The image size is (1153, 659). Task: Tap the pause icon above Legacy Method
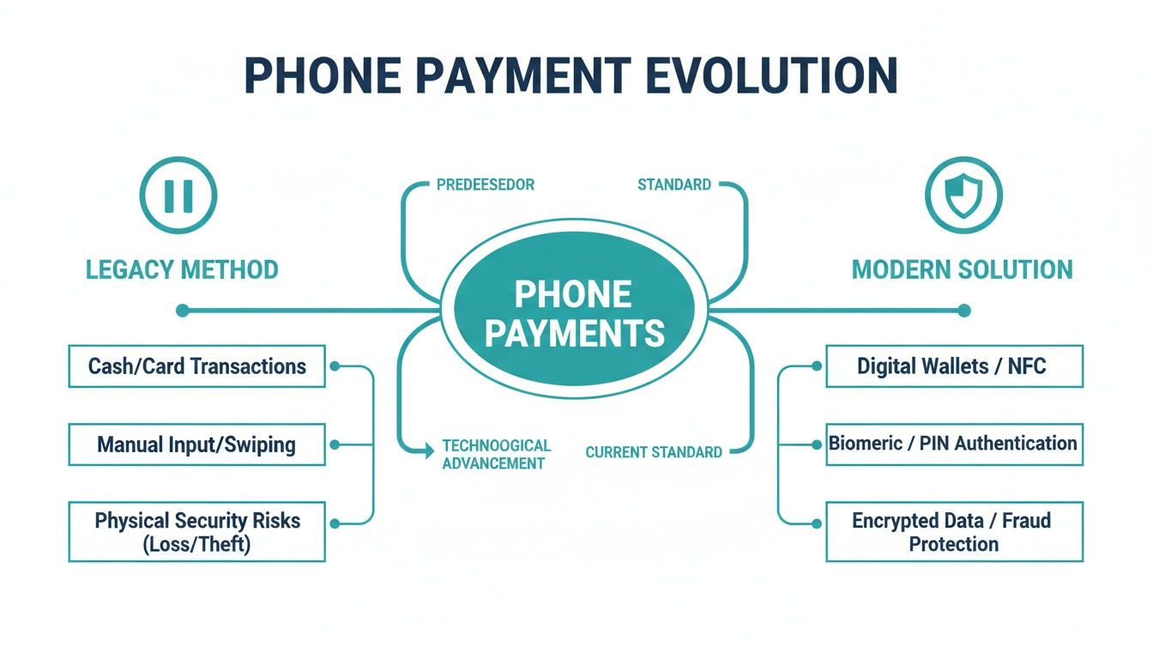point(179,196)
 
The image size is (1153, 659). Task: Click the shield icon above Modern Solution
point(963,196)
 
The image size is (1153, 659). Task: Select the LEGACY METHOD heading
point(182,269)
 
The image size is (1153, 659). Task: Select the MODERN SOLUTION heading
point(962,269)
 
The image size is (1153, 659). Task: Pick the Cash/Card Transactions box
point(196,366)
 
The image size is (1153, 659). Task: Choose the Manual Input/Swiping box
point(196,444)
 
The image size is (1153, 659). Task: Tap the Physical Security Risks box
point(196,532)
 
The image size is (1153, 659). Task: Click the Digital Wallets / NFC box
point(954,366)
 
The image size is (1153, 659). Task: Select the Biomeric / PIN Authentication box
point(954,444)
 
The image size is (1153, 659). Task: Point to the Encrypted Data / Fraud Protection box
point(954,532)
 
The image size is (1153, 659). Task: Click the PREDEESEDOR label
point(485,184)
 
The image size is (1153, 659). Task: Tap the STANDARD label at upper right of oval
point(673,184)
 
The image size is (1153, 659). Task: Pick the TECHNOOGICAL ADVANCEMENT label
point(495,455)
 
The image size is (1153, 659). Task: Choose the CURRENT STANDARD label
point(654,452)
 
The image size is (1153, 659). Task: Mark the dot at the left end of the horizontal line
point(182,311)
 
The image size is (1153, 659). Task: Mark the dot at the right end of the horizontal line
point(964,311)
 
